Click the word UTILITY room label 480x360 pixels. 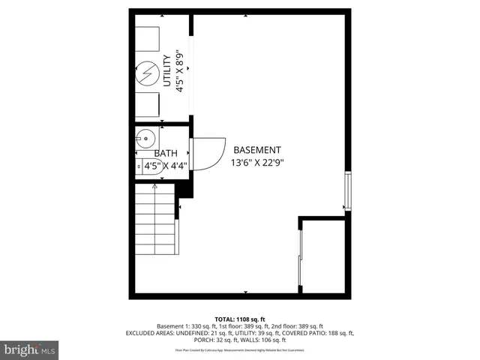coord(167,73)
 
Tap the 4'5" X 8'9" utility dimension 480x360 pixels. coord(179,71)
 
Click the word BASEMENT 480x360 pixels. coord(257,150)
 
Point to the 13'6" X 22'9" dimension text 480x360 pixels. coord(257,162)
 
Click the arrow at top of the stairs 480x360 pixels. coord(155,187)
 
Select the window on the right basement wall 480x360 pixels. coord(346,191)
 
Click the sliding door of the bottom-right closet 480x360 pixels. coord(301,256)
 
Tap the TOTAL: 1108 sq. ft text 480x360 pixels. coord(240,319)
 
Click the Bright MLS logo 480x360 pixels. coord(30,349)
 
